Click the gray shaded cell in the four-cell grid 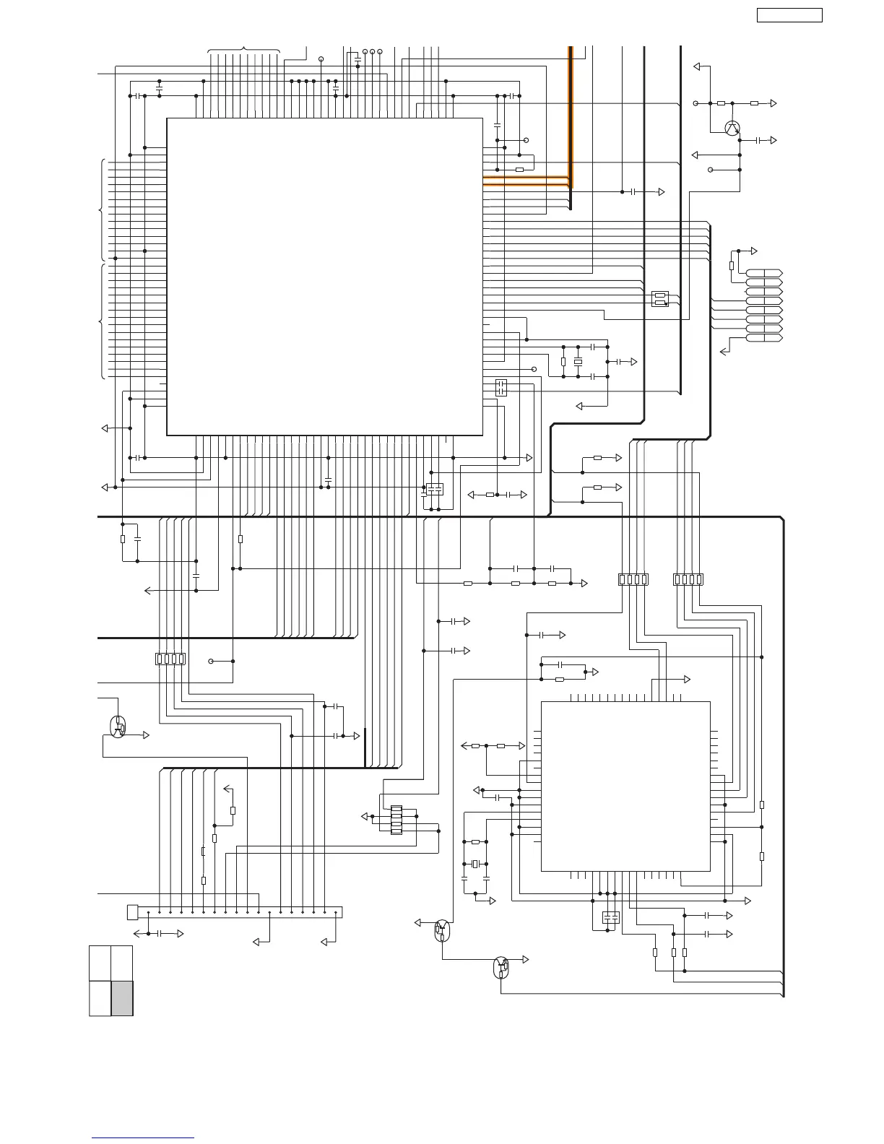pyautogui.click(x=122, y=998)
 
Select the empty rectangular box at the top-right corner pyautogui.click(x=789, y=14)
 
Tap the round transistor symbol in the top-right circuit pyautogui.click(x=732, y=128)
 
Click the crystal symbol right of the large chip pyautogui.click(x=578, y=361)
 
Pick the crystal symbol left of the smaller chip pyautogui.click(x=475, y=864)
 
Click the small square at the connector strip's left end pyautogui.click(x=131, y=912)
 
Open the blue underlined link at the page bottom pyautogui.click(x=143, y=1138)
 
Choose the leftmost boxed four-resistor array pyautogui.click(x=170, y=659)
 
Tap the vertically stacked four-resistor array pyautogui.click(x=396, y=820)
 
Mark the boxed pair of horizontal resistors pyautogui.click(x=659, y=298)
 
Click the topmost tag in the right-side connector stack pyautogui.click(x=763, y=272)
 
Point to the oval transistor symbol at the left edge pyautogui.click(x=118, y=727)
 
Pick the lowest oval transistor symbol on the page pyautogui.click(x=501, y=967)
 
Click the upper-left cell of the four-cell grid pyautogui.click(x=100, y=963)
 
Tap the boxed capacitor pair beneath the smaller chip pyautogui.click(x=610, y=918)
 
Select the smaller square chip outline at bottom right pyautogui.click(x=625, y=786)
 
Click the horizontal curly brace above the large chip pyautogui.click(x=243, y=50)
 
